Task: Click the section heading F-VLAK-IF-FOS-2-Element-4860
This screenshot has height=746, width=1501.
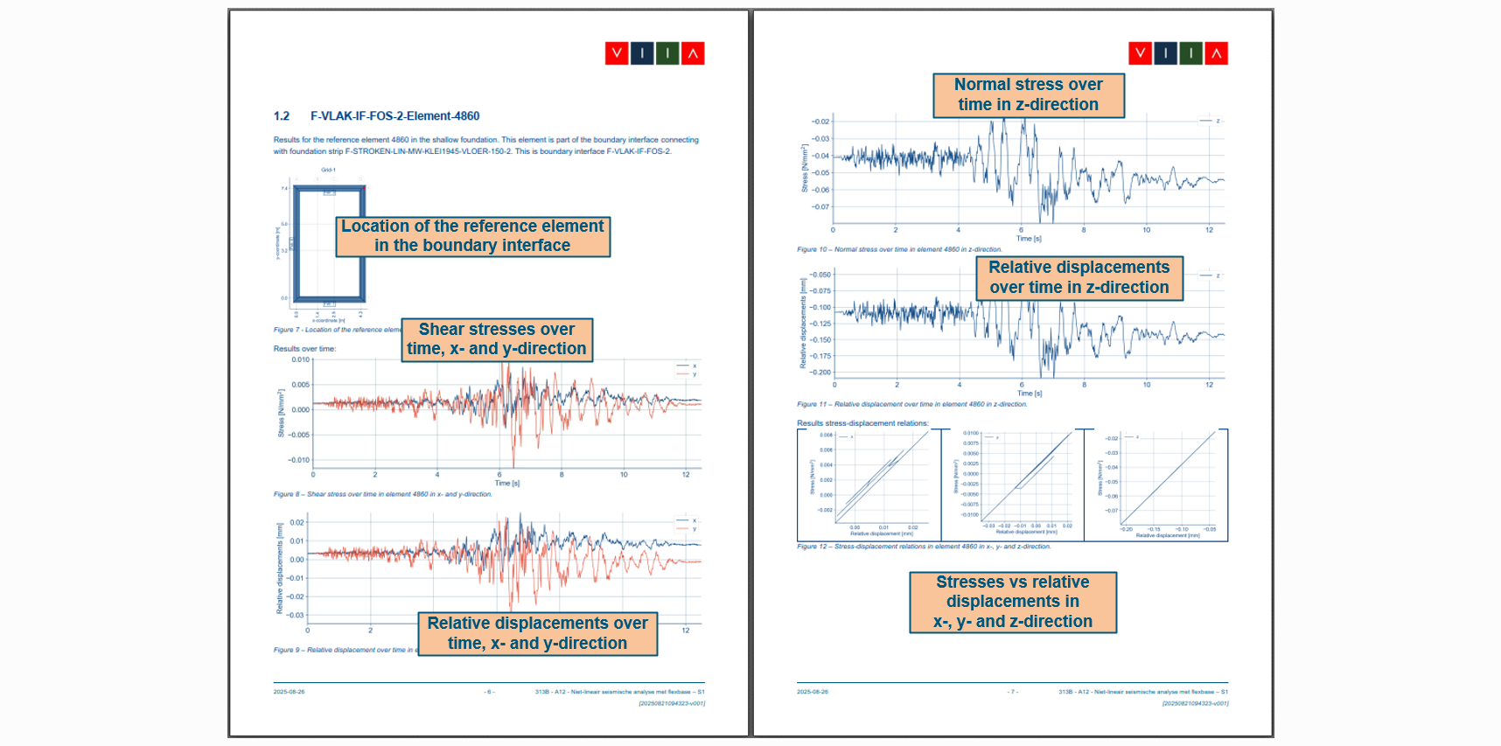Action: point(394,116)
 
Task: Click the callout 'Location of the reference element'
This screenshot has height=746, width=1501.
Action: point(472,236)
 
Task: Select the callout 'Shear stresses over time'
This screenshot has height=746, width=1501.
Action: point(497,339)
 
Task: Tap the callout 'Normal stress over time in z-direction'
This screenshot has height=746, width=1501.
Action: point(1028,94)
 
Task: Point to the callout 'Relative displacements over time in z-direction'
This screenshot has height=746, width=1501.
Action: point(1079,277)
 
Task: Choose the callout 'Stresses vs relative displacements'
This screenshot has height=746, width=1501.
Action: point(1012,602)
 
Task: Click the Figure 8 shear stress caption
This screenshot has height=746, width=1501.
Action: point(382,494)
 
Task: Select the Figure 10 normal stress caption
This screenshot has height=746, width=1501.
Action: point(899,249)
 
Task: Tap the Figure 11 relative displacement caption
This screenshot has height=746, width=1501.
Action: point(911,404)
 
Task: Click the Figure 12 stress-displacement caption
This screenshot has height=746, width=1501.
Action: point(923,547)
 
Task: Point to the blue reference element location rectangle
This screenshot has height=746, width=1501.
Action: point(329,243)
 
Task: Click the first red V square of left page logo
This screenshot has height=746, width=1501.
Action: point(617,53)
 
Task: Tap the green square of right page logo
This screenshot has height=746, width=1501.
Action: point(1190,53)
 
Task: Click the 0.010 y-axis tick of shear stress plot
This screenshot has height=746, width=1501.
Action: point(300,359)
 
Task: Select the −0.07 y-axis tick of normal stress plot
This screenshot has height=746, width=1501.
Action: point(820,207)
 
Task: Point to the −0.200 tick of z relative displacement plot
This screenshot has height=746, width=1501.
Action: point(820,373)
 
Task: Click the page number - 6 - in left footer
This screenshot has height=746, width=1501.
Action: point(489,692)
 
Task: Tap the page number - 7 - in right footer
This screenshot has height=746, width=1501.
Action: point(1013,692)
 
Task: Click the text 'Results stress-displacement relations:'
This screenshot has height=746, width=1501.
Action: point(862,423)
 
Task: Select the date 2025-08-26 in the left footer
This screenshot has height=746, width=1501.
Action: point(289,692)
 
